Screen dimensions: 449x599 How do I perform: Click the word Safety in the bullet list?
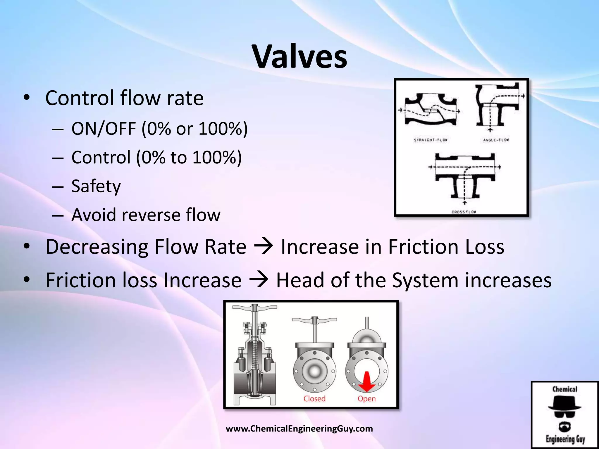pos(96,186)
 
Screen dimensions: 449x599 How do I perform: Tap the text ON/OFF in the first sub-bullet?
pos(104,129)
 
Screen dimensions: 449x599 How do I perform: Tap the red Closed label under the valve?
pos(314,399)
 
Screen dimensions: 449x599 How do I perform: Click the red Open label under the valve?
pos(366,399)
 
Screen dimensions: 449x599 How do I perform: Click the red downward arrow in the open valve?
pos(367,381)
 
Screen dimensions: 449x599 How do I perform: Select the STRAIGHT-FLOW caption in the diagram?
pos(431,140)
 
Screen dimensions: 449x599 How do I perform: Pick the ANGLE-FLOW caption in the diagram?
pos(496,140)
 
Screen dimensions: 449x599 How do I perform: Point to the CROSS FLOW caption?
pos(464,212)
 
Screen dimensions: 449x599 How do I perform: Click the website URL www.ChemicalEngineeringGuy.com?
pos(299,429)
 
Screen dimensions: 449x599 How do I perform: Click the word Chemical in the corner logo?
pos(565,389)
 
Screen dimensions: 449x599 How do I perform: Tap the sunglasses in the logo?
pos(565,414)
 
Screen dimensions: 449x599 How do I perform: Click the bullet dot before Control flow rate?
pos(27,98)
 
